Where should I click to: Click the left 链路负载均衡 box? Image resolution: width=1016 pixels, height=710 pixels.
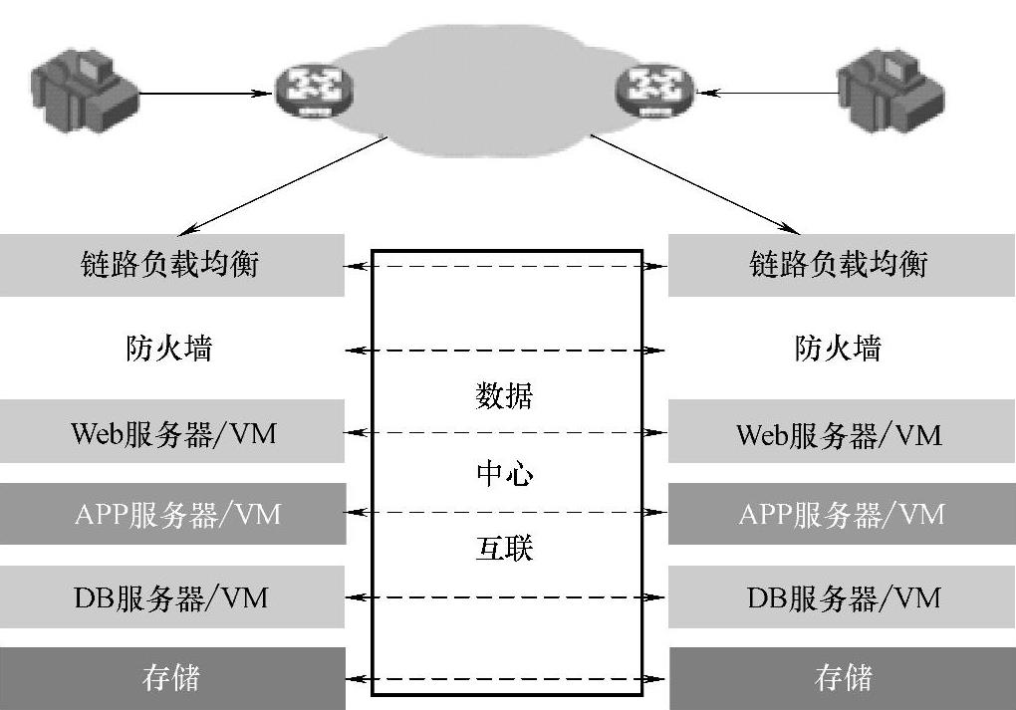pyautogui.click(x=171, y=265)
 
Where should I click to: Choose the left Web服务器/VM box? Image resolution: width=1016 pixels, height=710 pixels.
pyautogui.click(x=171, y=433)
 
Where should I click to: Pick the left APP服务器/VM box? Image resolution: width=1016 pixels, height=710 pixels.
pyautogui.click(x=171, y=514)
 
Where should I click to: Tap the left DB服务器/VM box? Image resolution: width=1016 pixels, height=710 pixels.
pyautogui.click(x=171, y=597)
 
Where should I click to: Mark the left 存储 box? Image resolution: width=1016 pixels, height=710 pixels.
pyautogui.click(x=171, y=678)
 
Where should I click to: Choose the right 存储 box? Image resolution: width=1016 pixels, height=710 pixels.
pyautogui.click(x=842, y=678)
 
